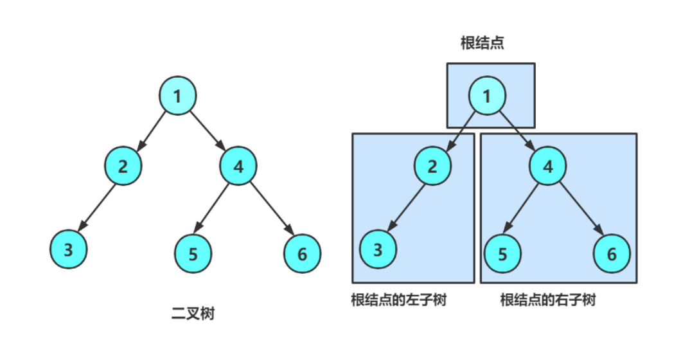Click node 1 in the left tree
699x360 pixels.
tap(177, 95)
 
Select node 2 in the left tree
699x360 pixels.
tap(123, 167)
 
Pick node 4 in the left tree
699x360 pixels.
tap(238, 167)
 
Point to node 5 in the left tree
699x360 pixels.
tap(193, 253)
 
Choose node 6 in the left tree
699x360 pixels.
tap(303, 253)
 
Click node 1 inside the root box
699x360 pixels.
tap(487, 96)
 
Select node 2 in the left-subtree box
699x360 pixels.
tap(432, 166)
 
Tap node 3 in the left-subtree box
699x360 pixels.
tap(378, 249)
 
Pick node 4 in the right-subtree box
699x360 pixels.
tap(548, 166)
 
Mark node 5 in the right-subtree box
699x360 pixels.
tap(502, 253)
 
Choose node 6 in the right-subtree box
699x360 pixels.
tap(611, 253)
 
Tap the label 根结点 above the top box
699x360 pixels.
tap(482, 43)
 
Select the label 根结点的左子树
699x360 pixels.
tap(398, 300)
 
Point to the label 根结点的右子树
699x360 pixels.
tap(547, 300)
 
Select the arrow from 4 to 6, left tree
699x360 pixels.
tap(271, 208)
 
